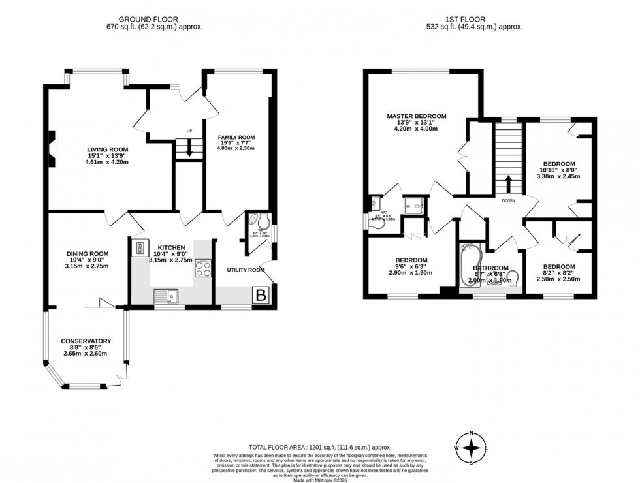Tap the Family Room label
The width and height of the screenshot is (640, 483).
pos(236,138)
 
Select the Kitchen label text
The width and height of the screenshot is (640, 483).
pos(171,248)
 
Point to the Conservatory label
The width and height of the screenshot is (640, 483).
pos(86,341)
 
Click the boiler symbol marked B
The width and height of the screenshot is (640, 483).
pos(261,295)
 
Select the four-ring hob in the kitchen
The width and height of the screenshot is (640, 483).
pos(202,268)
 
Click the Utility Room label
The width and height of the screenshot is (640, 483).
pos(246,270)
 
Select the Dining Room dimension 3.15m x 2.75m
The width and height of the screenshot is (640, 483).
pos(86,266)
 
